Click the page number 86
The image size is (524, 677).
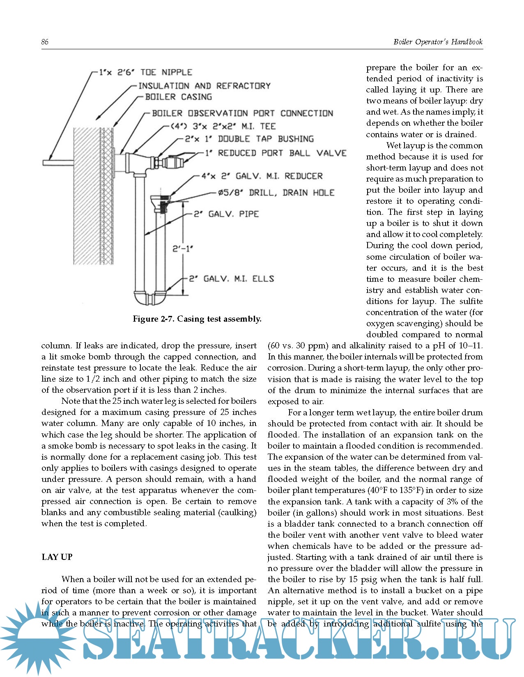pyautogui.click(x=45, y=42)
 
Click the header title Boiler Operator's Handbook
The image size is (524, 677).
pyautogui.click(x=438, y=42)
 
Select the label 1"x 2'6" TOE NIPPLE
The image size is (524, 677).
pyautogui.click(x=146, y=72)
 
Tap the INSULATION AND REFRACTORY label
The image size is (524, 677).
pyautogui.click(x=204, y=86)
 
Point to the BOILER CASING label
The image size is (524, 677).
pyautogui.click(x=179, y=97)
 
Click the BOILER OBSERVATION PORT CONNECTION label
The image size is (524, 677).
pyautogui.click(x=242, y=113)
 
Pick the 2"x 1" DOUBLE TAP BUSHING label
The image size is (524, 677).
pyautogui.click(x=249, y=139)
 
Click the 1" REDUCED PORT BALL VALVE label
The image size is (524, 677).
pyautogui.click(x=276, y=153)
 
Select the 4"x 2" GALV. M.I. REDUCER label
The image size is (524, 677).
pyautogui.click(x=262, y=176)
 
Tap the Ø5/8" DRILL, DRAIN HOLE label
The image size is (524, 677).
pyautogui.click(x=276, y=192)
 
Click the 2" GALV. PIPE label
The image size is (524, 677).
pyautogui.click(x=226, y=214)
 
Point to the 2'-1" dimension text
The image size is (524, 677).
pyautogui.click(x=182, y=249)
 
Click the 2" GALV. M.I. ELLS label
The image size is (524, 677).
pyautogui.click(x=232, y=279)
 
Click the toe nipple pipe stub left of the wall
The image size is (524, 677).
pyautogui.click(x=58, y=163)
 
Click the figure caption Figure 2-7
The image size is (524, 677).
pyautogui.click(x=197, y=319)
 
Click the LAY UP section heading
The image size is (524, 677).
pyautogui.click(x=57, y=557)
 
